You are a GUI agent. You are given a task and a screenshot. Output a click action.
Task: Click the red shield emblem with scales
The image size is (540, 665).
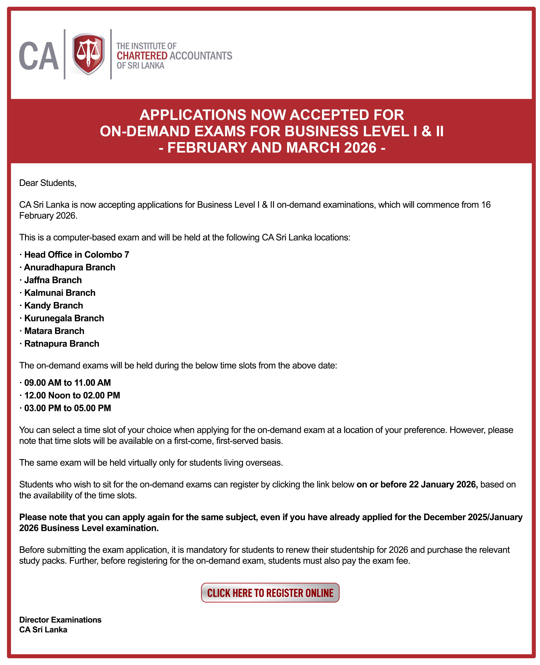88,54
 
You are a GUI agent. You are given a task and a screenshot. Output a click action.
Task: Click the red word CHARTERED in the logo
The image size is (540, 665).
142,56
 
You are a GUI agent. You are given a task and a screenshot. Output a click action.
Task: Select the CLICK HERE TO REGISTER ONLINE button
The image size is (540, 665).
270,593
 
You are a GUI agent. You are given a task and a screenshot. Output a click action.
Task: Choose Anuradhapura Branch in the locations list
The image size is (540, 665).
70,267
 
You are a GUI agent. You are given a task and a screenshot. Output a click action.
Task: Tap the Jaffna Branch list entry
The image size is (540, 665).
53,280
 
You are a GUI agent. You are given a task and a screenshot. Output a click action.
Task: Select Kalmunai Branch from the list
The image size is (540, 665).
60,293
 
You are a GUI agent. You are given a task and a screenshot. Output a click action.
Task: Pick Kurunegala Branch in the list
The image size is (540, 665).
64,318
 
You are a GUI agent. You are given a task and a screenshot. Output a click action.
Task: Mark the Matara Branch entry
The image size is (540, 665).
54,331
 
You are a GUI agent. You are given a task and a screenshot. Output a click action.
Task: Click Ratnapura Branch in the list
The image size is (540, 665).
62,344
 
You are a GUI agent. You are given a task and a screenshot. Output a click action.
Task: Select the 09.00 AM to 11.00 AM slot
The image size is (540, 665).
67,383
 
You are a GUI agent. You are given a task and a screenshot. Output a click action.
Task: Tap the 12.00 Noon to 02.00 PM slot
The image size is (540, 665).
72,395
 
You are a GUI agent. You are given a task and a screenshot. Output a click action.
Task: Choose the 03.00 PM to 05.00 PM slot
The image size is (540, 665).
67,408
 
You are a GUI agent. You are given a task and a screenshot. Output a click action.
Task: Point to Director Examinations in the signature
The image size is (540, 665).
60,620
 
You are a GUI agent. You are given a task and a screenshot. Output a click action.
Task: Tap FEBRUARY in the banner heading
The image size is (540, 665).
207,148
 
